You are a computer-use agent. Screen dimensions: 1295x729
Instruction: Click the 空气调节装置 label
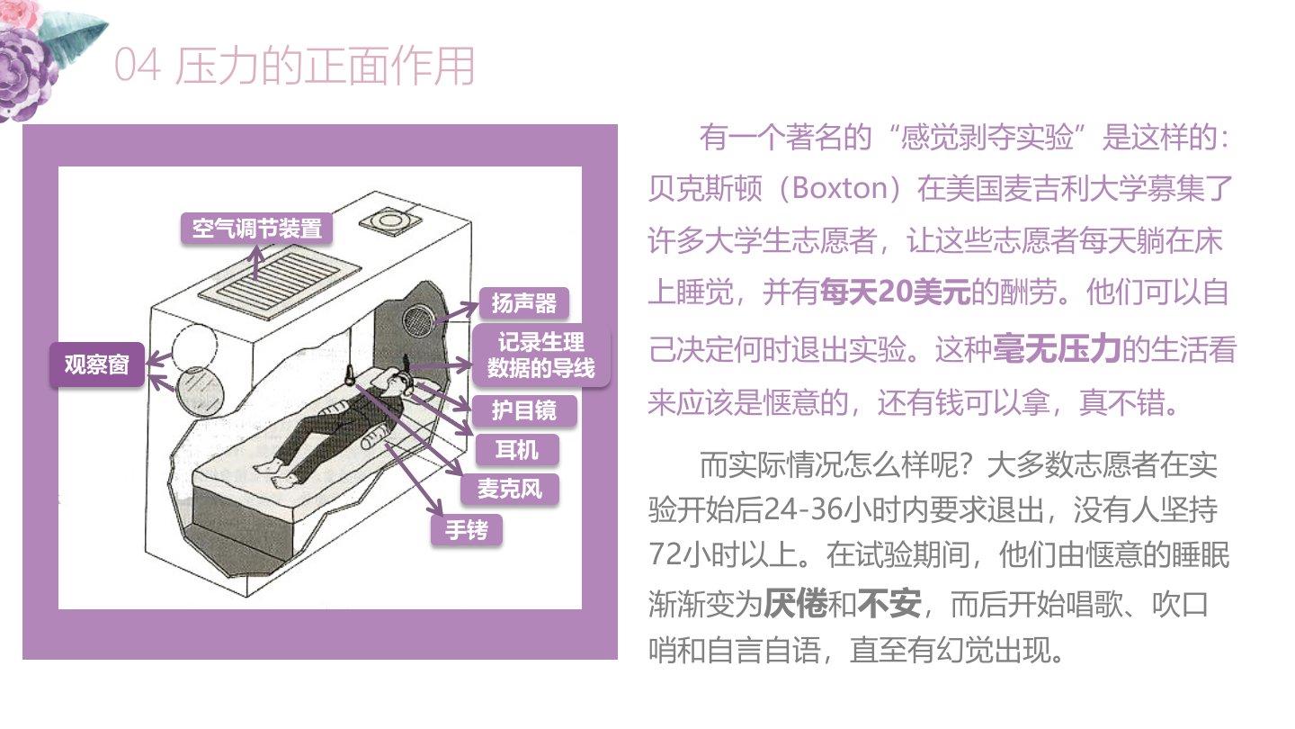pyautogui.click(x=256, y=229)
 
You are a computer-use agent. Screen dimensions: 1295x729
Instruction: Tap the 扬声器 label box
pyautogui.click(x=523, y=303)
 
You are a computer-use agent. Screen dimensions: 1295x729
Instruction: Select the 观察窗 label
pyautogui.click(x=96, y=364)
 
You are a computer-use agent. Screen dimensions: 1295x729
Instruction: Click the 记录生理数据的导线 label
pyautogui.click(x=541, y=355)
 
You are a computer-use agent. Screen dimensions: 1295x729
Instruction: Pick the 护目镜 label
pyautogui.click(x=524, y=410)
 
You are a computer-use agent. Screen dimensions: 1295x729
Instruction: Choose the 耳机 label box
pyautogui.click(x=517, y=450)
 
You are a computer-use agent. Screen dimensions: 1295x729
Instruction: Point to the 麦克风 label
pyautogui.click(x=509, y=489)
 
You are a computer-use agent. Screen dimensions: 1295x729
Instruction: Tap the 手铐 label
pyautogui.click(x=466, y=529)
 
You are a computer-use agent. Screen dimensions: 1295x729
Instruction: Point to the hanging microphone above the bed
pyautogui.click(x=351, y=375)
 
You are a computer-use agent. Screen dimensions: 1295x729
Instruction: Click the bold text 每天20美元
pyautogui.click(x=895, y=292)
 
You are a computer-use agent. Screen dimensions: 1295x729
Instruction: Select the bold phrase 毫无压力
pyautogui.click(x=1057, y=349)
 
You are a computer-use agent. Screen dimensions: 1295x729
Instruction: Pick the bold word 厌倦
pyautogui.click(x=796, y=604)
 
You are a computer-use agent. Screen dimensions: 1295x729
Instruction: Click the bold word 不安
pyautogui.click(x=889, y=604)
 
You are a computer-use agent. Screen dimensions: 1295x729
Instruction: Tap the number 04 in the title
pyautogui.click(x=137, y=65)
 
